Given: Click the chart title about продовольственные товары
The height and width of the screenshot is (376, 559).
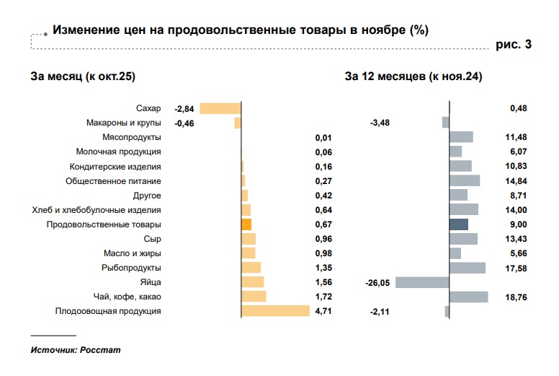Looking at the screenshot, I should pyautogui.click(x=241, y=30).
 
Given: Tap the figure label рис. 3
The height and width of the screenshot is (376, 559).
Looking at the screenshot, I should pyautogui.click(x=514, y=45).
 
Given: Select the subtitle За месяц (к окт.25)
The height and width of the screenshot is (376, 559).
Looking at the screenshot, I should pyautogui.click(x=83, y=76).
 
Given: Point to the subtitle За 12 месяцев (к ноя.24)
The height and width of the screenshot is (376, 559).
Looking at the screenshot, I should pyautogui.click(x=413, y=76).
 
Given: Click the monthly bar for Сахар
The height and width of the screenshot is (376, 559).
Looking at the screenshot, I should pyautogui.click(x=220, y=108).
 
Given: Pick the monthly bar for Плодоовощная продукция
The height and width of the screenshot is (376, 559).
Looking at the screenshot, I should pyautogui.click(x=275, y=311).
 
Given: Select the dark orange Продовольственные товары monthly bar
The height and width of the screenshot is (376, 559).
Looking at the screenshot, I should pyautogui.click(x=246, y=224).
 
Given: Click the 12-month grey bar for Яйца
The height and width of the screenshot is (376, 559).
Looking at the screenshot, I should pyautogui.click(x=422, y=282).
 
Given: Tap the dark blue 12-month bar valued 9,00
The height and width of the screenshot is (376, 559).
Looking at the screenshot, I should pyautogui.click(x=458, y=224).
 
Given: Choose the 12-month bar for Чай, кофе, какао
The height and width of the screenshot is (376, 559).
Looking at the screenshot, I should pyautogui.click(x=468, y=297).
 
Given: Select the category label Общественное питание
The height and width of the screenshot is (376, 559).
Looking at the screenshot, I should pyautogui.click(x=113, y=181).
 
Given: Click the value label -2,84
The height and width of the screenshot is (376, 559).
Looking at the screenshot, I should pyautogui.click(x=184, y=108).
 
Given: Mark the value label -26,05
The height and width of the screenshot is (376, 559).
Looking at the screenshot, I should pyautogui.click(x=377, y=284).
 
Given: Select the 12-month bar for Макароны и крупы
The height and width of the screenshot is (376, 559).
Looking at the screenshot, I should pyautogui.click(x=446, y=123).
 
